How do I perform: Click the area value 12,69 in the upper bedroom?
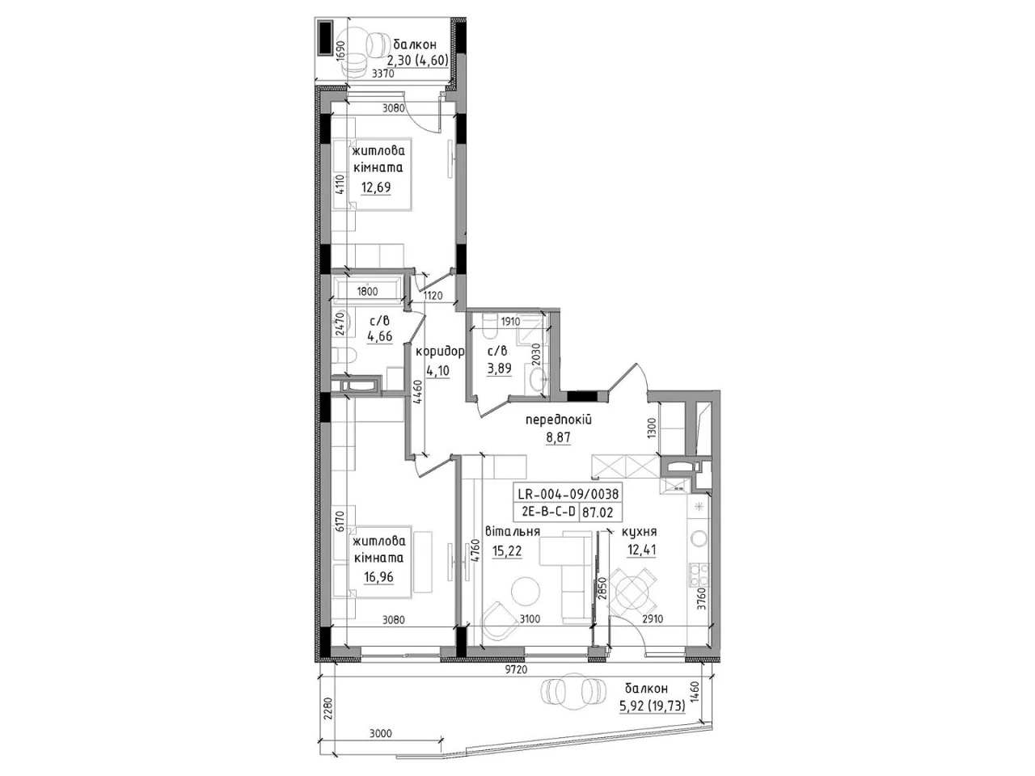pyautogui.click(x=376, y=188)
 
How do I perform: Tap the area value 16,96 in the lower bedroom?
pyautogui.click(x=378, y=576)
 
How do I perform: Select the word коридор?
pyautogui.click(x=439, y=352)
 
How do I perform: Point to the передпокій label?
pyautogui.click(x=558, y=420)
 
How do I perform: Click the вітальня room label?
pyautogui.click(x=512, y=531)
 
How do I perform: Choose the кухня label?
pyautogui.click(x=639, y=531)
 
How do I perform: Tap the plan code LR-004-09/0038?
pyautogui.click(x=568, y=494)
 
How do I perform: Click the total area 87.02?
pyautogui.click(x=598, y=512)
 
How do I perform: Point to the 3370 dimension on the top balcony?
pyautogui.click(x=383, y=74)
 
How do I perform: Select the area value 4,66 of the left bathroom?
pyautogui.click(x=379, y=336)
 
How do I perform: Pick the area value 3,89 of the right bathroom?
pyautogui.click(x=499, y=368)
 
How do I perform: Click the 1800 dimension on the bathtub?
pyautogui.click(x=367, y=292)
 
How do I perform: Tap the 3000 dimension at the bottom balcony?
pyautogui.click(x=381, y=733)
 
